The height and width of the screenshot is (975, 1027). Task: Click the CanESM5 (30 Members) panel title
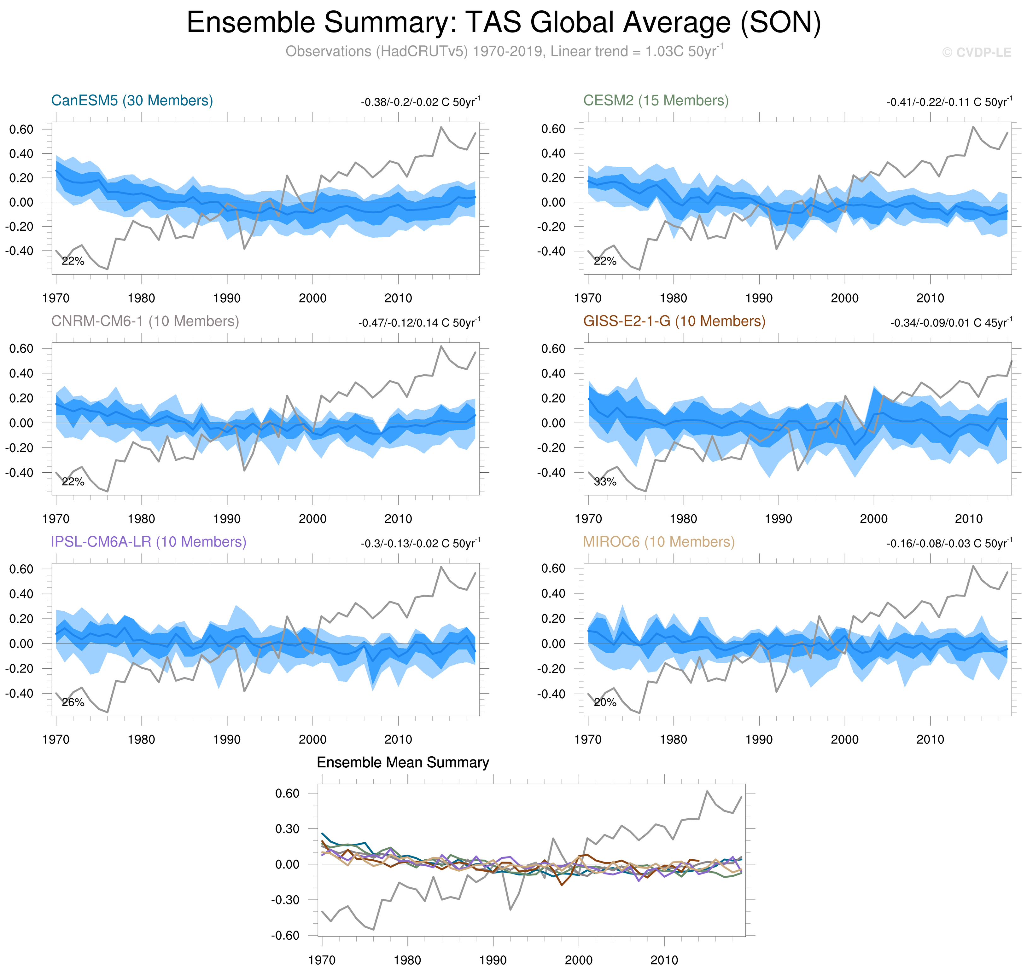[132, 100]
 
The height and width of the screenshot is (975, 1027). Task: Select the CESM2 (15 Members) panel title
[656, 100]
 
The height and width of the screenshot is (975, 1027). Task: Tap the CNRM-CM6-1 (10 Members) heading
[145, 321]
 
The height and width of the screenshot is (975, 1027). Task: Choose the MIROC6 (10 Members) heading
[659, 542]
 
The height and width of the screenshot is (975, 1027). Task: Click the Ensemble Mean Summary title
[403, 762]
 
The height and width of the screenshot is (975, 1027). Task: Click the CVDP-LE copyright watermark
[977, 53]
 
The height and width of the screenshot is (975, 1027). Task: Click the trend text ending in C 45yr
[951, 323]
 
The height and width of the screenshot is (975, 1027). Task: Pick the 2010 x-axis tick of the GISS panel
[969, 519]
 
